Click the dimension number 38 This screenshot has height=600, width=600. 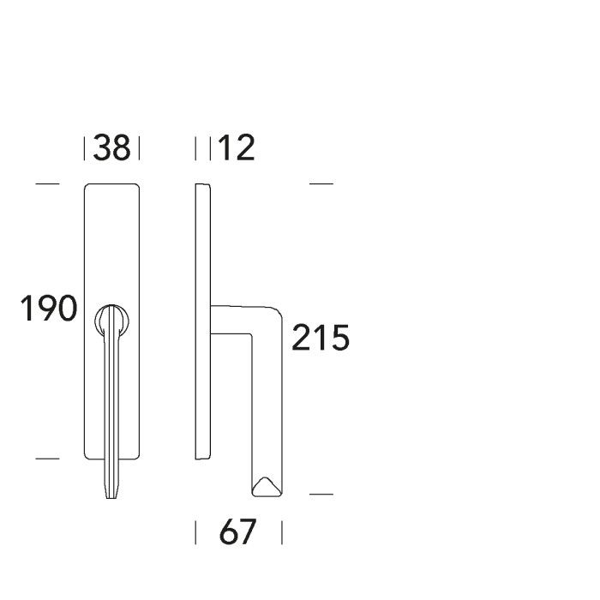tap(111, 148)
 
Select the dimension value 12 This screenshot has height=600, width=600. tap(236, 148)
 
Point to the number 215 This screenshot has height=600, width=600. tap(321, 339)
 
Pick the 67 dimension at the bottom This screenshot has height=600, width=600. tap(237, 533)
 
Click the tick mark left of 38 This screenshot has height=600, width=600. tap(85, 149)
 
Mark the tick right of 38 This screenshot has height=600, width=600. tap(139, 149)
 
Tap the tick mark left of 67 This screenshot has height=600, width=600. tap(196, 533)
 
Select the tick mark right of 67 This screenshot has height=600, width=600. tap(281, 533)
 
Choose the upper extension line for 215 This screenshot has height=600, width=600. tap(320, 184)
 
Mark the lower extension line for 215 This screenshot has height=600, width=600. tap(320, 495)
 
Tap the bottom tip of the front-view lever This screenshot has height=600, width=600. tap(111, 494)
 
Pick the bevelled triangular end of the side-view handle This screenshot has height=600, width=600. tap(267, 487)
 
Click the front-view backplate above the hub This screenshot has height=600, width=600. tap(111, 240)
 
